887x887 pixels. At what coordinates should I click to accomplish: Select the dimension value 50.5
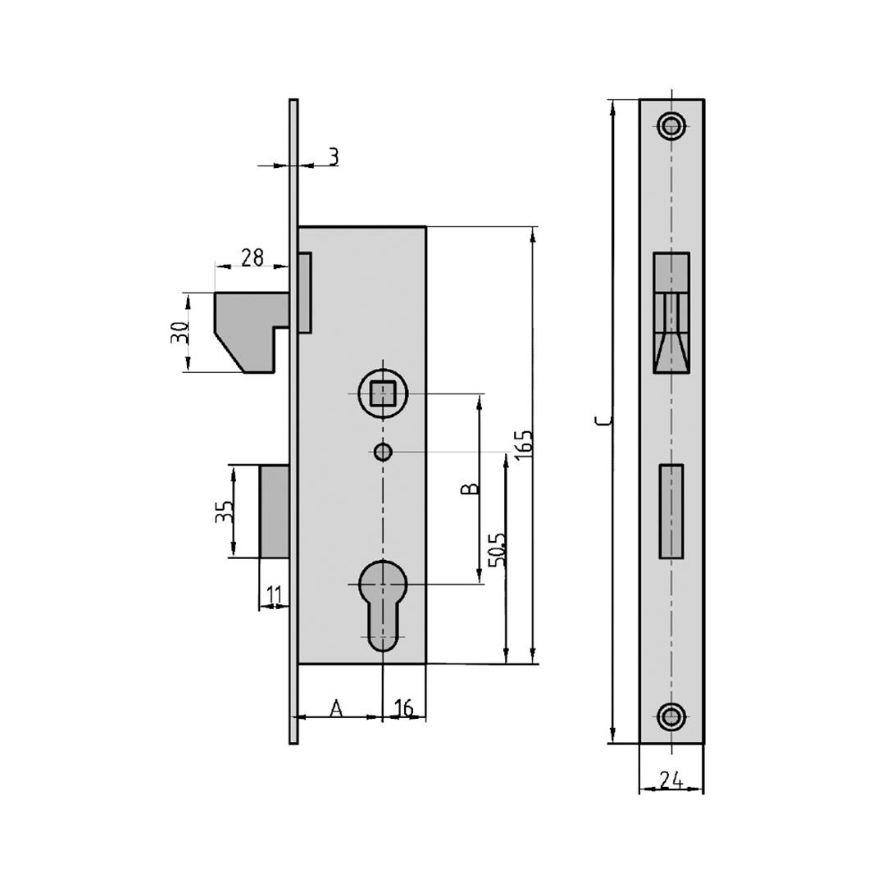click(x=498, y=549)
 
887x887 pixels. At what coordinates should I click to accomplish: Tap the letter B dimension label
click(x=469, y=489)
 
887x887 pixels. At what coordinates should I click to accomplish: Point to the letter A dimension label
click(x=336, y=707)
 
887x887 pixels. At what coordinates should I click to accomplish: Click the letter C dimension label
click(x=603, y=421)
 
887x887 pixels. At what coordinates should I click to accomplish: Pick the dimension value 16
click(x=403, y=707)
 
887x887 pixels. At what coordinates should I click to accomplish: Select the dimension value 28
click(x=252, y=257)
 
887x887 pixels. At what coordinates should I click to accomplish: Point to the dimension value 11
click(x=274, y=593)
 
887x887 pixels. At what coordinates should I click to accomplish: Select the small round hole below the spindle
click(x=381, y=451)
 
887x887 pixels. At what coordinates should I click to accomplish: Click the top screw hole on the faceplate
click(x=671, y=126)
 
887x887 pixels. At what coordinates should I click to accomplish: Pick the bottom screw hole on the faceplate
click(x=671, y=716)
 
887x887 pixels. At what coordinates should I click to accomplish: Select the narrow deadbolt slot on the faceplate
click(x=671, y=512)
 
